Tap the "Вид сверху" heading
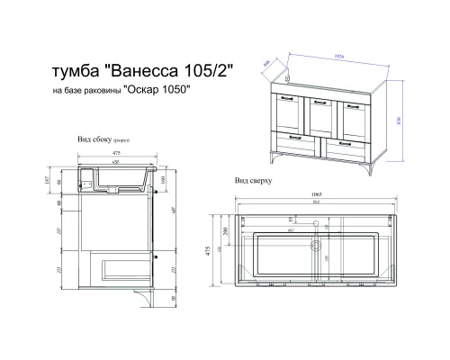tap(253, 180)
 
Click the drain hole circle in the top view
tap(316, 243)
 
